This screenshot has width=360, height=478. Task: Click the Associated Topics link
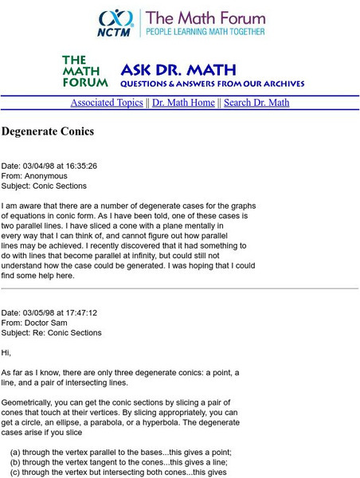pyautogui.click(x=107, y=103)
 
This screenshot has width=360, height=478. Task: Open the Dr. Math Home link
pyautogui.click(x=183, y=103)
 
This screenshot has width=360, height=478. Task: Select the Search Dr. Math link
pyautogui.click(x=256, y=103)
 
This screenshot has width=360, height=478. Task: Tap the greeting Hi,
pyautogui.click(x=6, y=352)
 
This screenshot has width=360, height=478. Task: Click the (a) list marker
pyautogui.click(x=15, y=451)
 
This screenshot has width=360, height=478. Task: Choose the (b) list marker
pyautogui.click(x=15, y=461)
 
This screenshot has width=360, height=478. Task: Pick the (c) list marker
pyautogui.click(x=15, y=472)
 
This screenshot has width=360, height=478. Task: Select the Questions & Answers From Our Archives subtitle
pyautogui.click(x=212, y=82)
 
